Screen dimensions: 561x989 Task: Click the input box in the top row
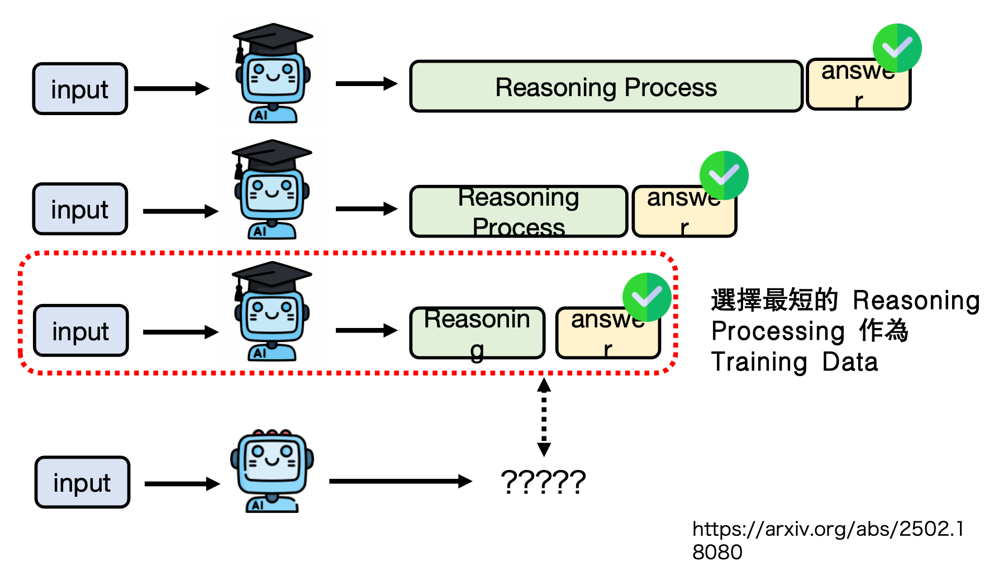[80, 89]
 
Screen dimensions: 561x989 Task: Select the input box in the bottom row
[82, 482]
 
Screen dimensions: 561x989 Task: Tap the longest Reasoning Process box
[606, 87]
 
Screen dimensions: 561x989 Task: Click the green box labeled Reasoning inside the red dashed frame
[477, 332]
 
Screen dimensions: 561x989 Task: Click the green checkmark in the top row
[897, 48]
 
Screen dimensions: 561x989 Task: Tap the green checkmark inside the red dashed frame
[646, 297]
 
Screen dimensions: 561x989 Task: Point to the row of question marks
[543, 482]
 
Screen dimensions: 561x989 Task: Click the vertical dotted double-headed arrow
[544, 417]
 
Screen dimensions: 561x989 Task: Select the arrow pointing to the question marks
[400, 481]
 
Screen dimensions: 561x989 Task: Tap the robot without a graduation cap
[272, 470]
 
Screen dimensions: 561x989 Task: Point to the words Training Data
[794, 362]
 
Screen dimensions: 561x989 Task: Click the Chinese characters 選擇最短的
[774, 301]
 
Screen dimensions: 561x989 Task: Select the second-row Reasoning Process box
[519, 212]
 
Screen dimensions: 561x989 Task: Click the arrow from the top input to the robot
[172, 88]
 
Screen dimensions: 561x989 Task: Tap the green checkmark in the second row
[724, 175]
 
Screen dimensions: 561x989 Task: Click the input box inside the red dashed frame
[81, 331]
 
